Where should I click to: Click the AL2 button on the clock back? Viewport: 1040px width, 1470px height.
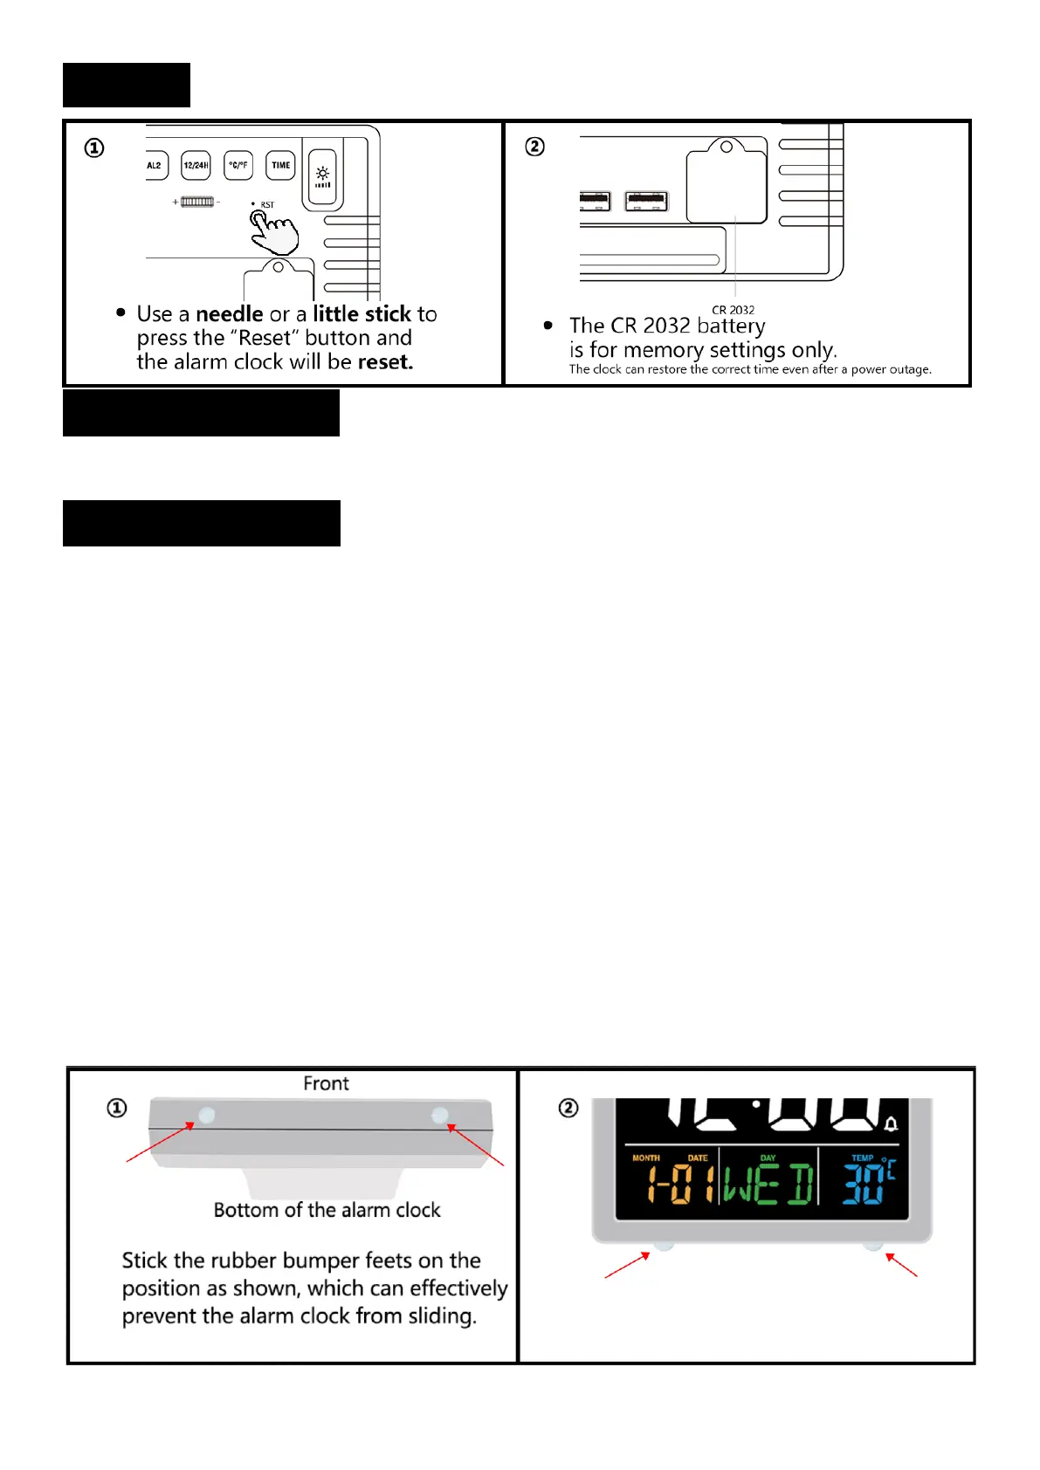155,165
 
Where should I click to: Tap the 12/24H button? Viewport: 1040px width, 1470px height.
196,165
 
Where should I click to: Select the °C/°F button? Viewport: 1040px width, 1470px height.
238,165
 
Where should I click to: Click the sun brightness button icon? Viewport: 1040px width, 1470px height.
322,175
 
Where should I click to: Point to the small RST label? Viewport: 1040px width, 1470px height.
267,205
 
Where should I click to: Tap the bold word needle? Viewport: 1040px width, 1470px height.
230,314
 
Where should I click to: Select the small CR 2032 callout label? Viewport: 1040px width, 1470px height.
733,310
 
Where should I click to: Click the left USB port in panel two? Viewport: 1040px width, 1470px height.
596,202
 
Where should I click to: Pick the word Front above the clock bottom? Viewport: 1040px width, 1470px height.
326,1084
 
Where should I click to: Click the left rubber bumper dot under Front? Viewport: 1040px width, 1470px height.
207,1115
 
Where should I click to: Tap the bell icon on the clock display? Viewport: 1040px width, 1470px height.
891,1123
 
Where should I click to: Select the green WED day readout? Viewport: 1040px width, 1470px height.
768,1185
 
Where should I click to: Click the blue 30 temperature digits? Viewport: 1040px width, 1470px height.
862,1185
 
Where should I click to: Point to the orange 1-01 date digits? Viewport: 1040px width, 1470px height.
680,1185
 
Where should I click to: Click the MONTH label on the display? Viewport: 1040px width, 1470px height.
646,1158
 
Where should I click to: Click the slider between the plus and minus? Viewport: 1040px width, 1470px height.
197,202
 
